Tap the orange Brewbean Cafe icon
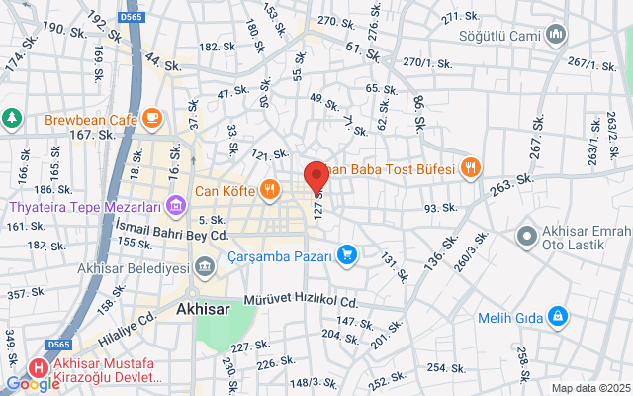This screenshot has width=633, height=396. tap(151, 120)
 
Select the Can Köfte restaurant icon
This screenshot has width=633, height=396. tap(269, 189)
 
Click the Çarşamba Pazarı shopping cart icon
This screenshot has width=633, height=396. tap(346, 255)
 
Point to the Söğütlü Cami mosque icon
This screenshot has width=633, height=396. tap(555, 35)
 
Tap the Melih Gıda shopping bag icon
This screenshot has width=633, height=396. tap(558, 316)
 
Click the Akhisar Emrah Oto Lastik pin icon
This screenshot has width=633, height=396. tap(527, 238)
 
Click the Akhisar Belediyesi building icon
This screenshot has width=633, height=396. tap(204, 266)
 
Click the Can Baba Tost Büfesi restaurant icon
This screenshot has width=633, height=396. tap(470, 168)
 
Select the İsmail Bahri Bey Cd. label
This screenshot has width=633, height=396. tap(172, 236)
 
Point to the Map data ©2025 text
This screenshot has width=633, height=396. tap(589, 388)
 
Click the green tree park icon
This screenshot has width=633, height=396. tap(11, 118)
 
